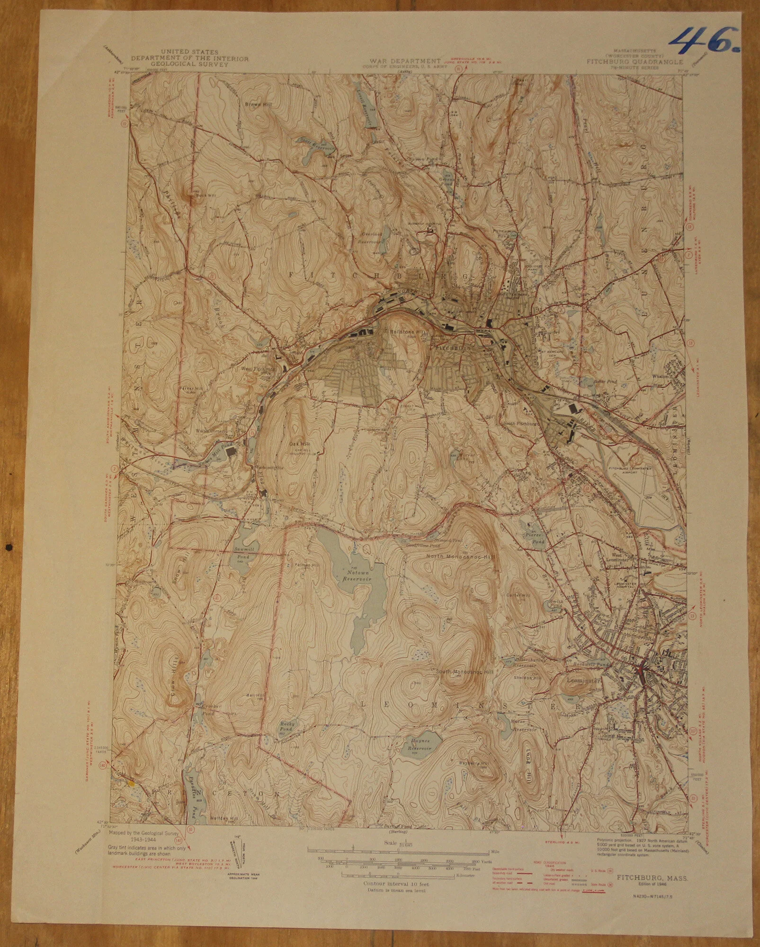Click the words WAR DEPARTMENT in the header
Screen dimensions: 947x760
click(x=405, y=61)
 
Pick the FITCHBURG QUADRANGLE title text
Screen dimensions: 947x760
click(x=635, y=62)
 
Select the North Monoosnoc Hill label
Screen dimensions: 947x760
click(x=460, y=557)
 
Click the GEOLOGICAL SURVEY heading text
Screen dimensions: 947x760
click(x=189, y=65)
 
